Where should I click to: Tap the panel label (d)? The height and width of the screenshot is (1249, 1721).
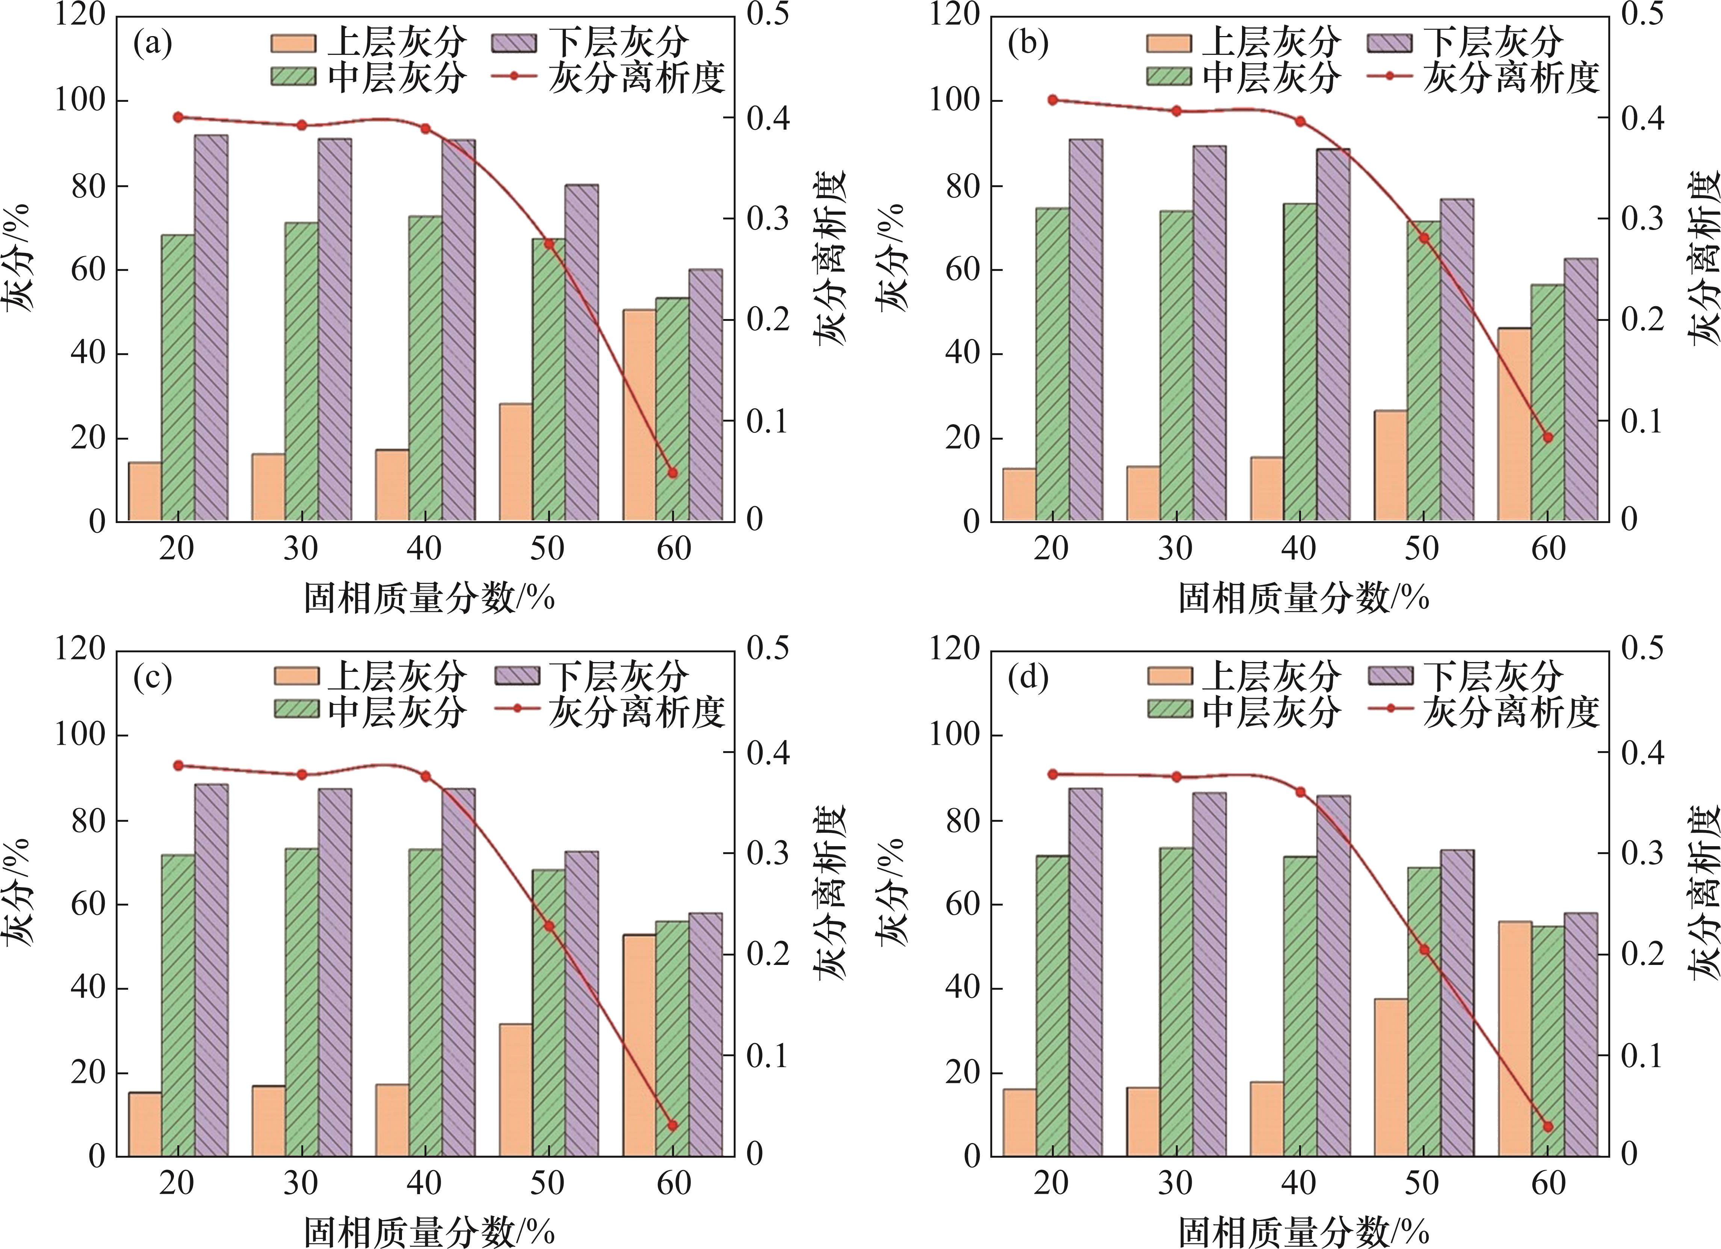(x=1027, y=677)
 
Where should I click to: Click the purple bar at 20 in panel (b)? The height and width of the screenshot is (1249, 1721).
(x=1086, y=330)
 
